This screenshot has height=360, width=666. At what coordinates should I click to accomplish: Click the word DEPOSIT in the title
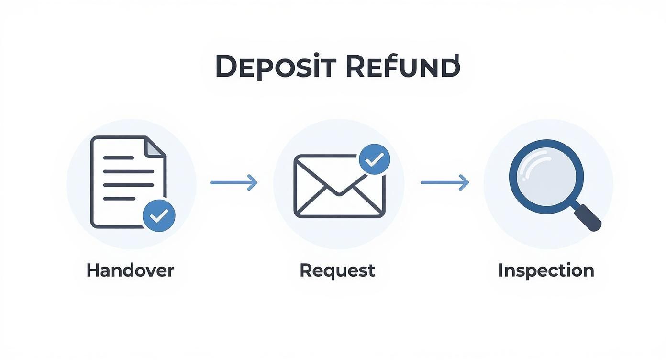pyautogui.click(x=276, y=66)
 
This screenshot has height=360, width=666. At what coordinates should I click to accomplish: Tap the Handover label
pyautogui.click(x=130, y=270)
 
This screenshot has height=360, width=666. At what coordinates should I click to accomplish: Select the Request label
pyautogui.click(x=337, y=271)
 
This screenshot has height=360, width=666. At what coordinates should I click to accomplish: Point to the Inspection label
pyautogui.click(x=546, y=271)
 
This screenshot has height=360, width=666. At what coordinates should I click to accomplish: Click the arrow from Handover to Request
pyautogui.click(x=233, y=182)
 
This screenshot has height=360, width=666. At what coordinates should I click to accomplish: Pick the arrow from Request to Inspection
pyautogui.click(x=445, y=182)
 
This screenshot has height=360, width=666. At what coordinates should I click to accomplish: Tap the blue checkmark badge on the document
pyautogui.click(x=159, y=216)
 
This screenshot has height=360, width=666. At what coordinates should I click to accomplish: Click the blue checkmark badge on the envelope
pyautogui.click(x=375, y=159)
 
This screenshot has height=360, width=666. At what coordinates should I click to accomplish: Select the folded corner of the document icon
pyautogui.click(x=155, y=147)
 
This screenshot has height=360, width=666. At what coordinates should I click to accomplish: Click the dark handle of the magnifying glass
pyautogui.click(x=587, y=217)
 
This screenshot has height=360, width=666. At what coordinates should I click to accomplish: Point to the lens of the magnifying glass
pyautogui.click(x=546, y=177)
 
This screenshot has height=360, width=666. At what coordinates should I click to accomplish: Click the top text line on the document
pyautogui.click(x=118, y=158)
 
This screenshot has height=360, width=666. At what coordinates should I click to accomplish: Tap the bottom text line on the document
pyautogui.click(x=119, y=199)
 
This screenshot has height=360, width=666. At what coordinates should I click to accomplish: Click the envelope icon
pyautogui.click(x=339, y=186)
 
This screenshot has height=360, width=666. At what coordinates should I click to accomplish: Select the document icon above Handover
pyautogui.click(x=128, y=182)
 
